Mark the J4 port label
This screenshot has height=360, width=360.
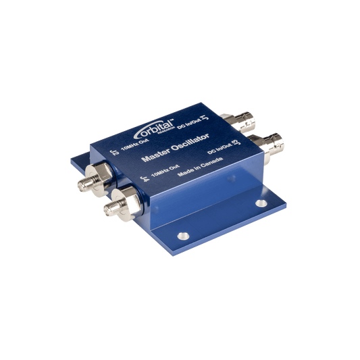(143, 180)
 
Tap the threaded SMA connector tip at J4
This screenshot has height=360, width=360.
(109, 210)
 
